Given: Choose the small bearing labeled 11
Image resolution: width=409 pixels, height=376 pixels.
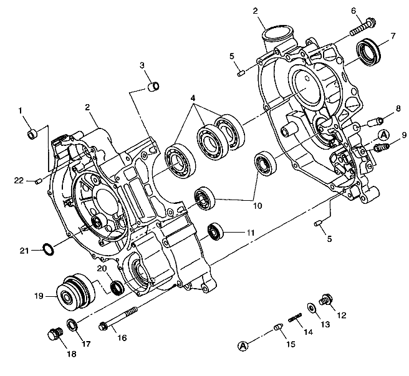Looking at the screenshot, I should [x=216, y=232].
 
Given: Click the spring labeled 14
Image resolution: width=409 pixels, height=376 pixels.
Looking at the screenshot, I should [x=295, y=320].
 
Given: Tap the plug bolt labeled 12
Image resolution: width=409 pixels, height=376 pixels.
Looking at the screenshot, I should [x=325, y=301].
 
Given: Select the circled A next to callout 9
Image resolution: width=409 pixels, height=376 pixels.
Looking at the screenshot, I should [x=383, y=134].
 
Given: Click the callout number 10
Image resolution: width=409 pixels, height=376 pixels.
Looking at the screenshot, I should [x=257, y=205].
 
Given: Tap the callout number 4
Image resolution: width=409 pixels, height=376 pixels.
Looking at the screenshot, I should [x=193, y=98].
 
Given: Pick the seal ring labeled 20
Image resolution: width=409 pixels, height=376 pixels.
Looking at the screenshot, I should [x=117, y=287].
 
